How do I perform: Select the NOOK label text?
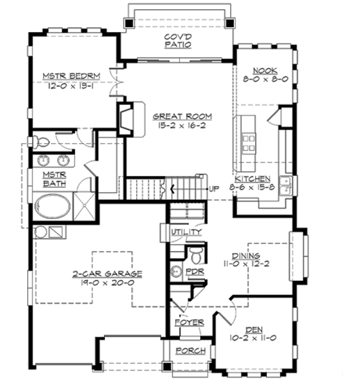[x=265, y=71]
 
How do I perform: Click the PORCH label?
[x=190, y=351]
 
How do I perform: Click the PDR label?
[x=195, y=271]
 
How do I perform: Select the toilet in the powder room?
[x=197, y=251]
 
